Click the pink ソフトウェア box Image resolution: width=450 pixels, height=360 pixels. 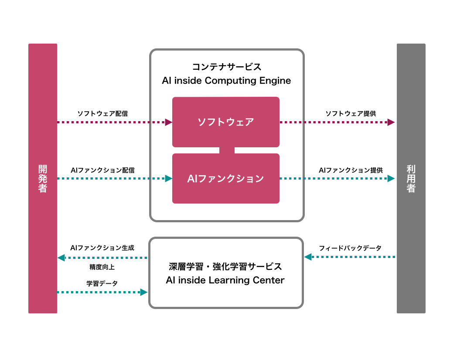pyautogui.click(x=225, y=122)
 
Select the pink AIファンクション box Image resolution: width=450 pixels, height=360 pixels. pyautogui.click(x=225, y=178)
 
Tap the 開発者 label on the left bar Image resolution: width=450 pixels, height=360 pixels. pyautogui.click(x=43, y=178)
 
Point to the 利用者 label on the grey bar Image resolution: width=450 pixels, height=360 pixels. pyautogui.click(x=411, y=178)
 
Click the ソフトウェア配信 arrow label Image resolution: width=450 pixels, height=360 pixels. pyautogui.click(x=102, y=113)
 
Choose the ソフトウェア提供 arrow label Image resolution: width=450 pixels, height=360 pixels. pyautogui.click(x=351, y=113)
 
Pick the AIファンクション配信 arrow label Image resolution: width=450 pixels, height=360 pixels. pyautogui.click(x=102, y=170)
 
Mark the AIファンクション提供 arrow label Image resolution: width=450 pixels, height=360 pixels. pyautogui.click(x=351, y=170)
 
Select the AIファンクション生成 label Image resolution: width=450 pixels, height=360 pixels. pyautogui.click(x=102, y=248)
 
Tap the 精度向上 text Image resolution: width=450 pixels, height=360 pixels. pyautogui.click(x=102, y=267)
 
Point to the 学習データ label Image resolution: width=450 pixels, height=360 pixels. pyautogui.click(x=102, y=283)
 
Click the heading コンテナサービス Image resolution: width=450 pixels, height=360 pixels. pyautogui.click(x=227, y=67)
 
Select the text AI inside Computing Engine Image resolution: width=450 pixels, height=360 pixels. pyautogui.click(x=226, y=81)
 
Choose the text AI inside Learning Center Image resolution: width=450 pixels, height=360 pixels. pyautogui.click(x=225, y=280)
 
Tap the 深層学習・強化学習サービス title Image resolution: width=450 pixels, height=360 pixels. pyautogui.click(x=225, y=266)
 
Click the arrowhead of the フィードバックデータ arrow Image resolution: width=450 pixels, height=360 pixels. pyautogui.click(x=308, y=257)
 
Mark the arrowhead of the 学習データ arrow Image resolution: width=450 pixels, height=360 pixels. pyautogui.click(x=144, y=292)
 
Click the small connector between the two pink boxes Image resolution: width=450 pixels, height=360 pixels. pyautogui.click(x=227, y=150)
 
